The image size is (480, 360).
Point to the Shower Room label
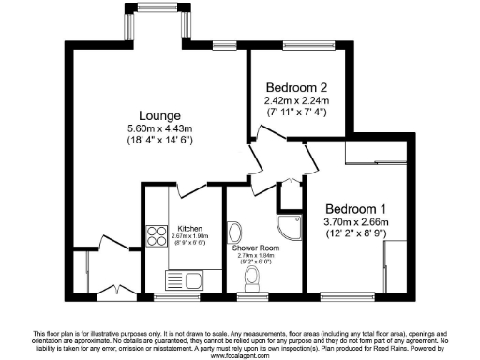click(x=251, y=247)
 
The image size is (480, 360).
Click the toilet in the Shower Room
click(x=251, y=277)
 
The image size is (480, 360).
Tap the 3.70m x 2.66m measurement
click(x=355, y=221)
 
